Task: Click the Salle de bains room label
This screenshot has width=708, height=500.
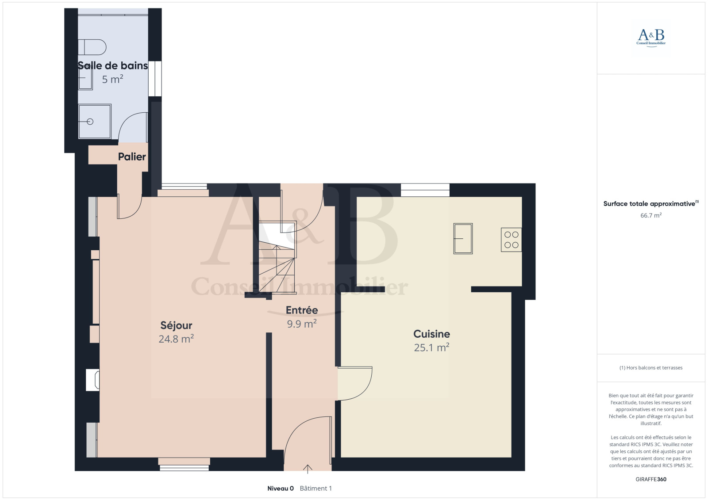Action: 113,66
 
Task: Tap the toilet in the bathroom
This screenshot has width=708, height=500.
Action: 92,47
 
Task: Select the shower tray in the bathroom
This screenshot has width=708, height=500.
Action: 95,121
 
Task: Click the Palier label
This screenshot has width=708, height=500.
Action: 132,156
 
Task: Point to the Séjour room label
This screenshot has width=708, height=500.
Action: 176,325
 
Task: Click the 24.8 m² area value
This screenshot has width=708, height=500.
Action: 176,339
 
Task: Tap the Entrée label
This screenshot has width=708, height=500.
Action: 302,310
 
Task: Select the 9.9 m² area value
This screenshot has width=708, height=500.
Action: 302,324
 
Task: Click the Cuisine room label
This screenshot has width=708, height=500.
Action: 432,334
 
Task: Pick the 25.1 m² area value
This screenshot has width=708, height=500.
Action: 432,347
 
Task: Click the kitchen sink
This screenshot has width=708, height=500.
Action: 463,238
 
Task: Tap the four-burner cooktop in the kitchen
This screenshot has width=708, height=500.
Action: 512,240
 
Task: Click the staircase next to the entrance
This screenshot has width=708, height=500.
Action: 277,257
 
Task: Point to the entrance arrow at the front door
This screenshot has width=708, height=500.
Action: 308,469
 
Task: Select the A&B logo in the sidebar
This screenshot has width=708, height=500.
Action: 651,38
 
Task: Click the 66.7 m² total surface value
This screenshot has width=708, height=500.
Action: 651,215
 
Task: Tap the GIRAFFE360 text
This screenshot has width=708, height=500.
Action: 651,479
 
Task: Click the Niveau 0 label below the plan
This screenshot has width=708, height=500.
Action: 281,489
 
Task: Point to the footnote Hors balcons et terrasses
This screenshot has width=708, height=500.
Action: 651,368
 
